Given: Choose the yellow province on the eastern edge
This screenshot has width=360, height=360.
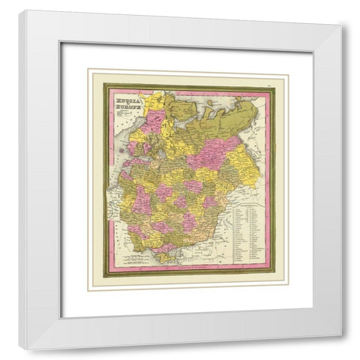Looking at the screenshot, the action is tap(247, 161).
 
